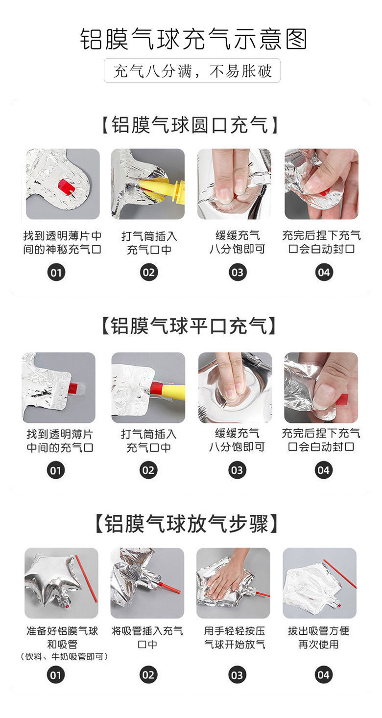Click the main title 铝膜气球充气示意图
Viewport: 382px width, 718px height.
[x=193, y=39]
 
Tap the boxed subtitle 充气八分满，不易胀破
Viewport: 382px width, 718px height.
[x=192, y=71]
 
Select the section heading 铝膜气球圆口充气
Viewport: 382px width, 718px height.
[x=190, y=125]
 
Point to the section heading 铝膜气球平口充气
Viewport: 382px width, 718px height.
[x=189, y=326]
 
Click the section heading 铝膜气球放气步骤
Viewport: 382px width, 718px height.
[x=187, y=524]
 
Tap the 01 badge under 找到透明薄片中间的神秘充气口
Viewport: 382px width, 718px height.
[x=56, y=273]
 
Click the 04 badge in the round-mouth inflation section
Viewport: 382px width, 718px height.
[x=324, y=273]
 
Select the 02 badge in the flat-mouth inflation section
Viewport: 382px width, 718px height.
[x=148, y=470]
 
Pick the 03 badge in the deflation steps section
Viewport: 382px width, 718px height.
[x=237, y=675]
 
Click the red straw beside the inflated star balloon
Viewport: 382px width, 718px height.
[x=86, y=579]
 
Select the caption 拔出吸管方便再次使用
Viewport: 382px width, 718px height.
[x=318, y=637]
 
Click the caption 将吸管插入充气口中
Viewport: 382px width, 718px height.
[x=147, y=637]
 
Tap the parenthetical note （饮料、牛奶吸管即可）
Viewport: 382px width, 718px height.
[x=64, y=657]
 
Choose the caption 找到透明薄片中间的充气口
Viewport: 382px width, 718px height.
[x=60, y=441]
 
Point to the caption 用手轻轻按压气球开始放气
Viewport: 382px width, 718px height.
[x=235, y=637]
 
